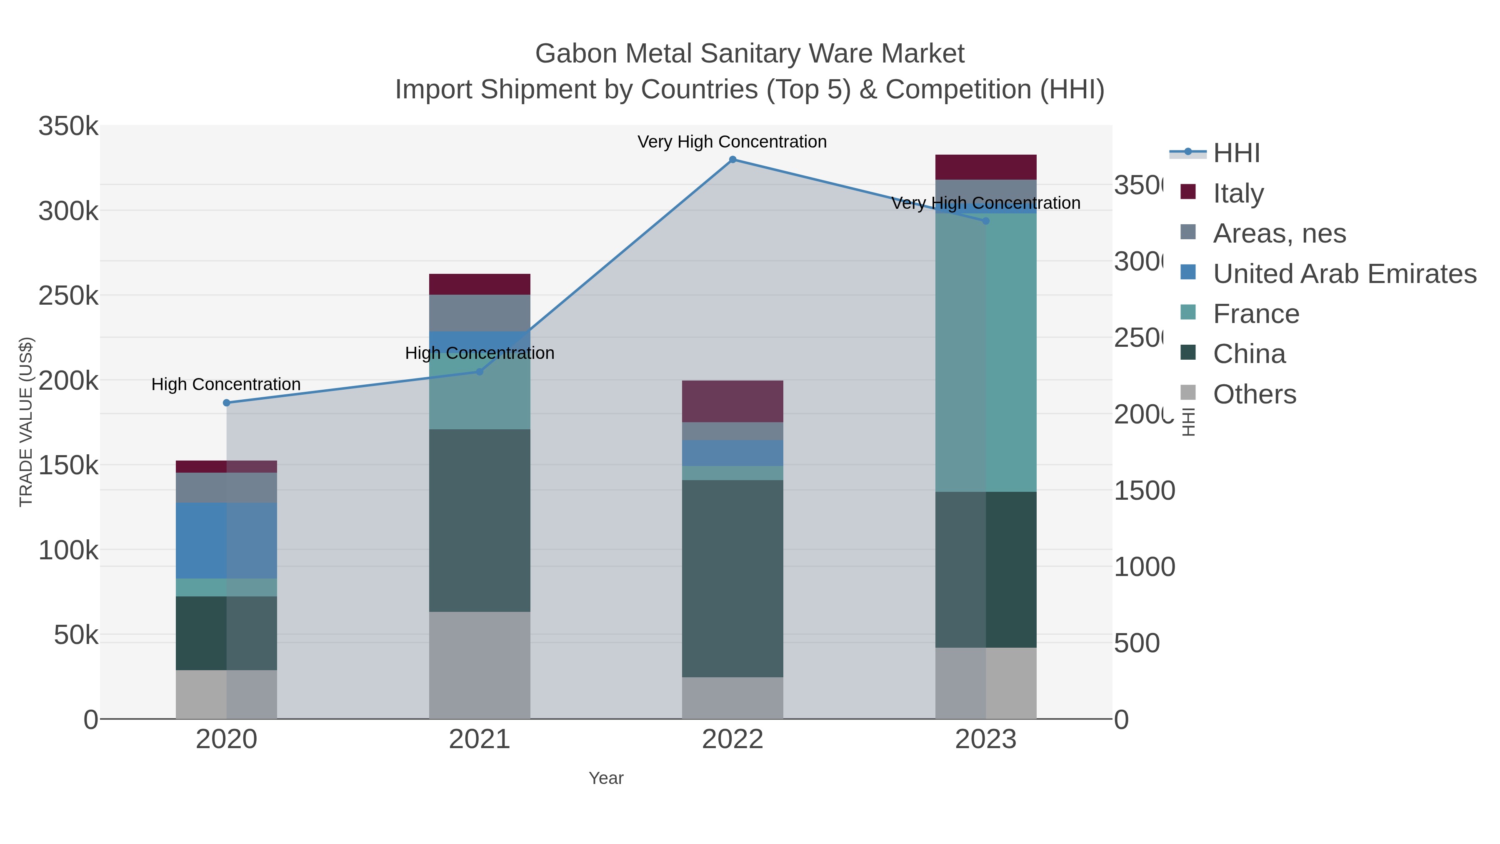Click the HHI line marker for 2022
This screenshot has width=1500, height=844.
coord(732,160)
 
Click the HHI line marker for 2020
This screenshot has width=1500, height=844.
coord(227,403)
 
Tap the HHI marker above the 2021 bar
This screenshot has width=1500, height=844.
coord(480,372)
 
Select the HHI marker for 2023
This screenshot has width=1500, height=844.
coord(986,221)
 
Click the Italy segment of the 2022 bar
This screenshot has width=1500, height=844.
coord(732,401)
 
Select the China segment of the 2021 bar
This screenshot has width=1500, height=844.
coord(480,520)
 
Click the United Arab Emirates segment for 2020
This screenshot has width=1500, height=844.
coord(227,541)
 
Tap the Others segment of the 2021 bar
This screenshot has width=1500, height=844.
coord(480,665)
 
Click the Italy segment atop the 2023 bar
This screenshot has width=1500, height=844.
coord(986,167)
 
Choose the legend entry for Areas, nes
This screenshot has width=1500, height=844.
coord(1279,233)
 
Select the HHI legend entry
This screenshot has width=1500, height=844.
coord(1236,153)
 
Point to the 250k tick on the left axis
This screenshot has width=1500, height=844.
coord(68,296)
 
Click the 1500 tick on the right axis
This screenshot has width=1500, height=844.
coord(1144,491)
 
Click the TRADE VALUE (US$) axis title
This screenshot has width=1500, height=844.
coord(26,422)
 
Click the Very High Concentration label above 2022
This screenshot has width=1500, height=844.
coord(732,142)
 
